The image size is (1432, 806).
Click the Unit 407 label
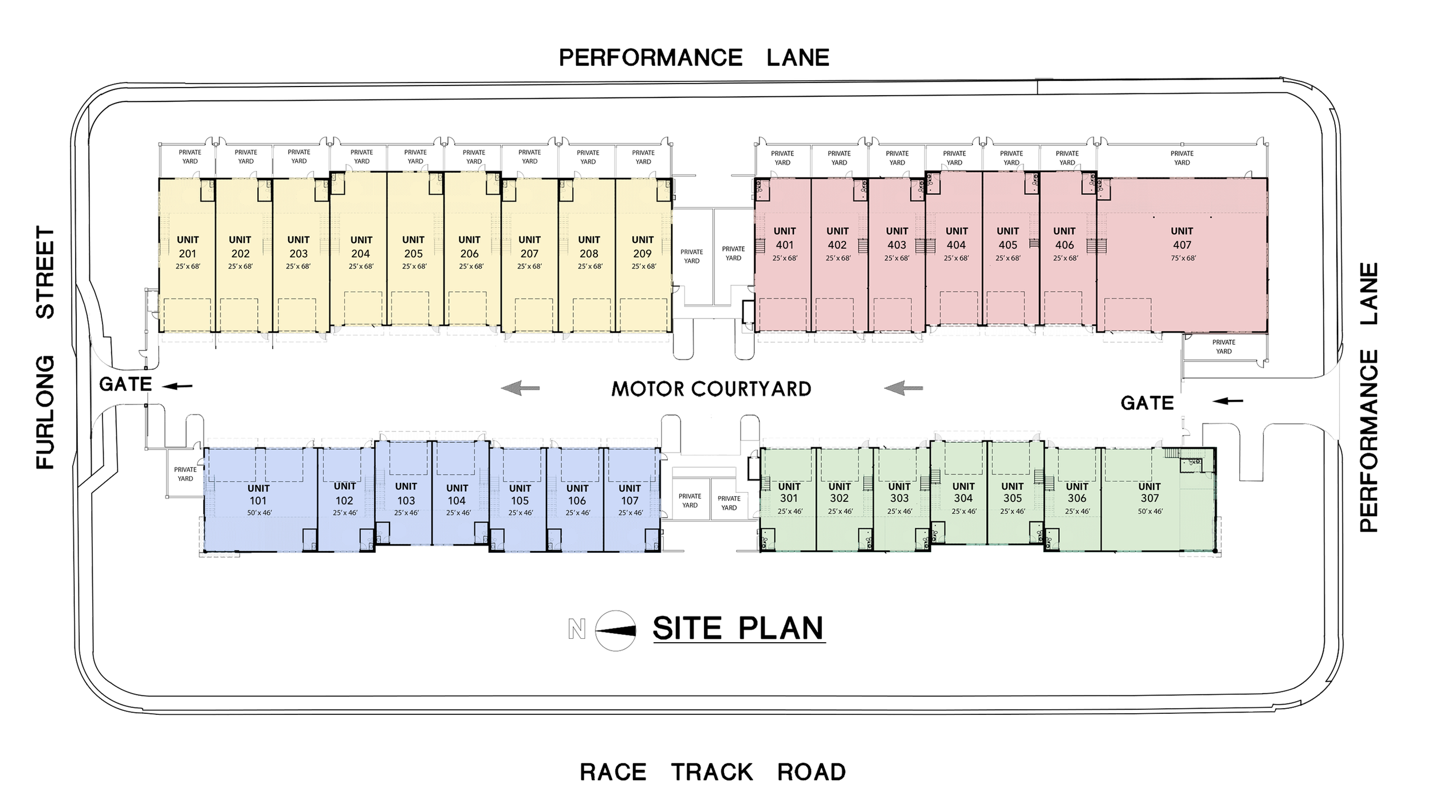point(1181,238)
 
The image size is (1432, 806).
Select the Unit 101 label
point(258,495)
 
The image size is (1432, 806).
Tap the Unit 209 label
point(642,247)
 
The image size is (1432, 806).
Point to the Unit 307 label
point(1149,493)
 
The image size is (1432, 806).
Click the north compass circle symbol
point(615,631)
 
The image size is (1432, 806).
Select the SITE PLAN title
point(738,628)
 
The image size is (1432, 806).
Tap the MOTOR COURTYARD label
point(711,389)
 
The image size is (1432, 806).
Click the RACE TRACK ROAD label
point(713,772)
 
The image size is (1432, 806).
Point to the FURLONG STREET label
point(45,348)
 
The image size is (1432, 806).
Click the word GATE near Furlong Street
point(125,384)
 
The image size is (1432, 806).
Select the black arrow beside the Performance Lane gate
point(1228,401)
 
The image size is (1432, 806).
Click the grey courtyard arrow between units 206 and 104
point(520,388)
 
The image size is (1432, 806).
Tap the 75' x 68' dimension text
point(1183,258)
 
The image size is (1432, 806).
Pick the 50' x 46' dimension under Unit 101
point(259,513)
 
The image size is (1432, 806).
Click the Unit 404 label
point(956,238)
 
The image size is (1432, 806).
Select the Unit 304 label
point(963,493)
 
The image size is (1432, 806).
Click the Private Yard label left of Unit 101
point(185,474)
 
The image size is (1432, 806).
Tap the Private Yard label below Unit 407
point(1224,347)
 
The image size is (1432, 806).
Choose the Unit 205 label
point(413,247)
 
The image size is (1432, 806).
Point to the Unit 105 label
point(520,494)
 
